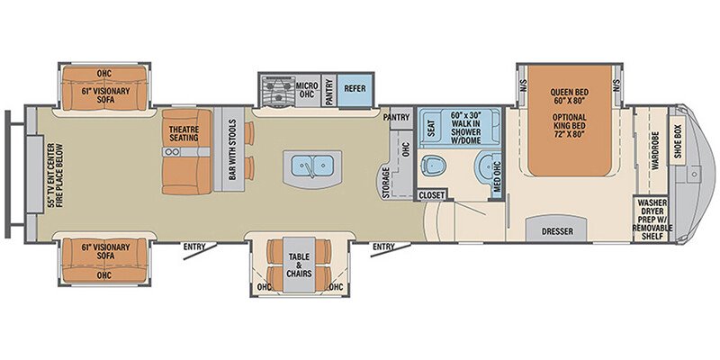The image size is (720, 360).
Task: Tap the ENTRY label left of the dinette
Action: point(194,247)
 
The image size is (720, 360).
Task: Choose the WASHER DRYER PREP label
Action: point(654,219)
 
